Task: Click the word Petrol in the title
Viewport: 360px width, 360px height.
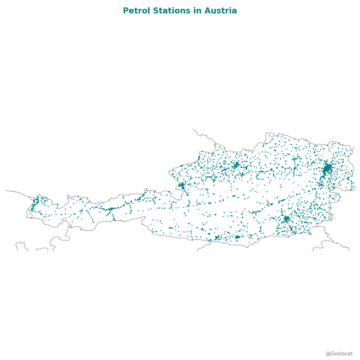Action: [x=137, y=11]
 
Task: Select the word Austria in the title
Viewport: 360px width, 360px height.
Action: [x=221, y=11]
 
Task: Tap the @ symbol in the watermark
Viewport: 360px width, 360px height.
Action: [x=328, y=353]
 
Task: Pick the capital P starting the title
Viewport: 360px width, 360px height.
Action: [x=126, y=11]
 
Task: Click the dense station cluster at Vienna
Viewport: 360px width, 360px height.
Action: [x=327, y=168]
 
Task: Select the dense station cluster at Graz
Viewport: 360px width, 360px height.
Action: [x=286, y=219]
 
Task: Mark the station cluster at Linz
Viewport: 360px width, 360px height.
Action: [x=236, y=164]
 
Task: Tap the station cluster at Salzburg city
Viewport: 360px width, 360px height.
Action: [x=182, y=185]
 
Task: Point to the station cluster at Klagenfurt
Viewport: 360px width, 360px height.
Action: [x=237, y=236]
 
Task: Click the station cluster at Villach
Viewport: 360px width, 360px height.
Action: [x=217, y=238]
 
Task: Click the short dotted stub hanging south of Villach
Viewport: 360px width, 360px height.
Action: [x=202, y=248]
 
